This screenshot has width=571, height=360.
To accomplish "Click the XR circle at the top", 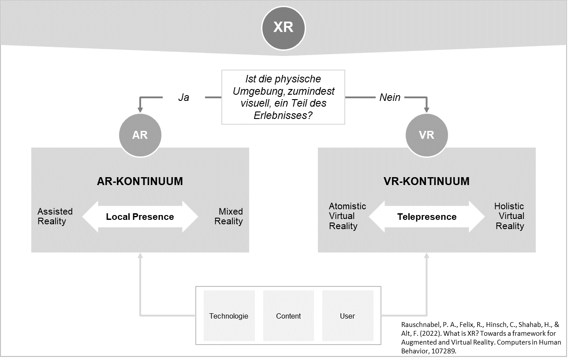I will [283, 27].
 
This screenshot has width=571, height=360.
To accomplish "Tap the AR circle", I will [140, 135].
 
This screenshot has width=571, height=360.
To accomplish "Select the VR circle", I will [426, 135].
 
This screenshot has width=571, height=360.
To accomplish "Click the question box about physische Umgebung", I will [283, 97].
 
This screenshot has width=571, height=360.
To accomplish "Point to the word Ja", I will [183, 97].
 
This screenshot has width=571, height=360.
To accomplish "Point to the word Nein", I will [390, 97].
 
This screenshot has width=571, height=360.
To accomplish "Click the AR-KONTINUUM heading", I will [140, 181].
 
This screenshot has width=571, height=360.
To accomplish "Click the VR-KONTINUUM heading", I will [426, 181].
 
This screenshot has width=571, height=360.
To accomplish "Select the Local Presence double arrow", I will [140, 217].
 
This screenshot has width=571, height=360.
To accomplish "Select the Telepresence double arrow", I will [426, 217].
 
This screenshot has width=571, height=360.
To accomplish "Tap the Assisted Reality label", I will [55, 216].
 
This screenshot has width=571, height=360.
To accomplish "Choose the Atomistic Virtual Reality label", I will [347, 216].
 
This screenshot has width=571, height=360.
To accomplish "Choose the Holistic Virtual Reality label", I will [509, 216].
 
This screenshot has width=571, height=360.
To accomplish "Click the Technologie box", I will [229, 316].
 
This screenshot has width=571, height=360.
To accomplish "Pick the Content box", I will [288, 316].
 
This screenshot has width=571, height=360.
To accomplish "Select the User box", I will [347, 316].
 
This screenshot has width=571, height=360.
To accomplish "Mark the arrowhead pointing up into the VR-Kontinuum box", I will [426, 256].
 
